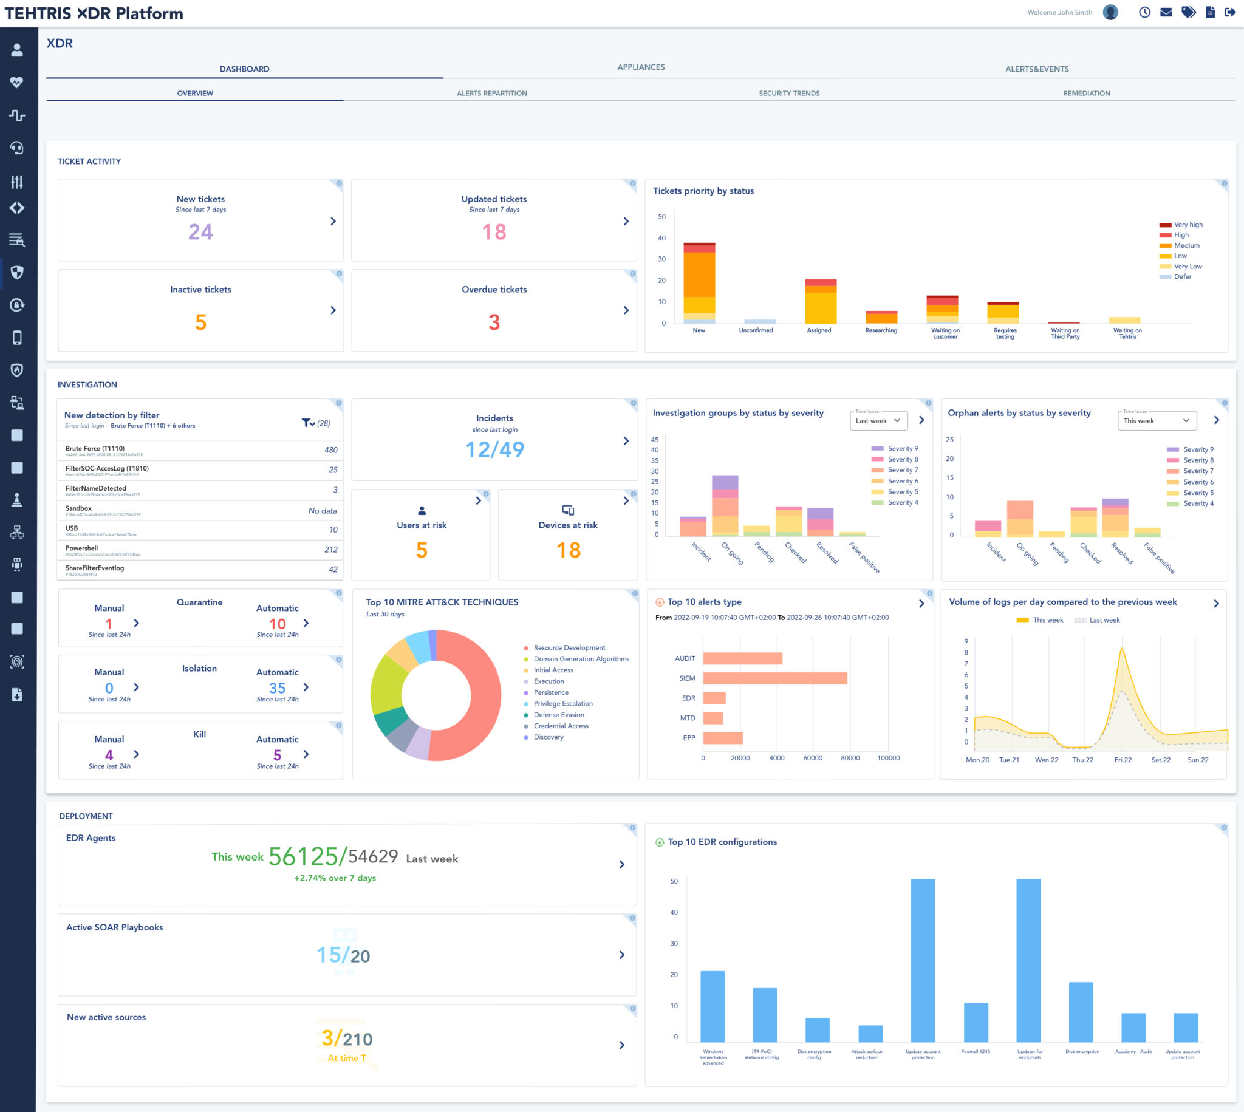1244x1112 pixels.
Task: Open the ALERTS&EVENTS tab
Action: click(1036, 69)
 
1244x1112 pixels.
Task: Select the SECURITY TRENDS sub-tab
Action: click(789, 94)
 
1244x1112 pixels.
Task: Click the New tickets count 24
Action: click(200, 232)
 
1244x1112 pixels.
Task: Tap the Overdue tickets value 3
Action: click(494, 322)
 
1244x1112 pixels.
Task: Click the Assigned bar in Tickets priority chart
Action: click(820, 302)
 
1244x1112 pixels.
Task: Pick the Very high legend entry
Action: click(1187, 225)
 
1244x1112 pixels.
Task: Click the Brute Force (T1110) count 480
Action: click(330, 450)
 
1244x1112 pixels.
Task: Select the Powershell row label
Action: click(82, 548)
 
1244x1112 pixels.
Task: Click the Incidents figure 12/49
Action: click(494, 449)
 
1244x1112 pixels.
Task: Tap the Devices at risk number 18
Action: click(568, 550)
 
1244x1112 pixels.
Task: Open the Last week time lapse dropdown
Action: click(878, 420)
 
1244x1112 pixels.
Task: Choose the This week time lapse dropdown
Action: click(1156, 420)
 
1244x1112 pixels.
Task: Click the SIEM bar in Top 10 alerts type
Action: click(774, 678)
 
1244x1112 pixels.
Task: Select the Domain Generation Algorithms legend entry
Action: click(581, 660)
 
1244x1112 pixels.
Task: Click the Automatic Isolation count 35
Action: click(277, 689)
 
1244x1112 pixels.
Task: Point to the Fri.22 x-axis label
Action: click(1123, 760)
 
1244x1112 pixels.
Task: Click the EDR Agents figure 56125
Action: click(303, 856)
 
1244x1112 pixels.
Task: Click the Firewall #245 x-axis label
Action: click(975, 1051)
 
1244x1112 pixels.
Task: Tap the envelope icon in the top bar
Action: click(1166, 12)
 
